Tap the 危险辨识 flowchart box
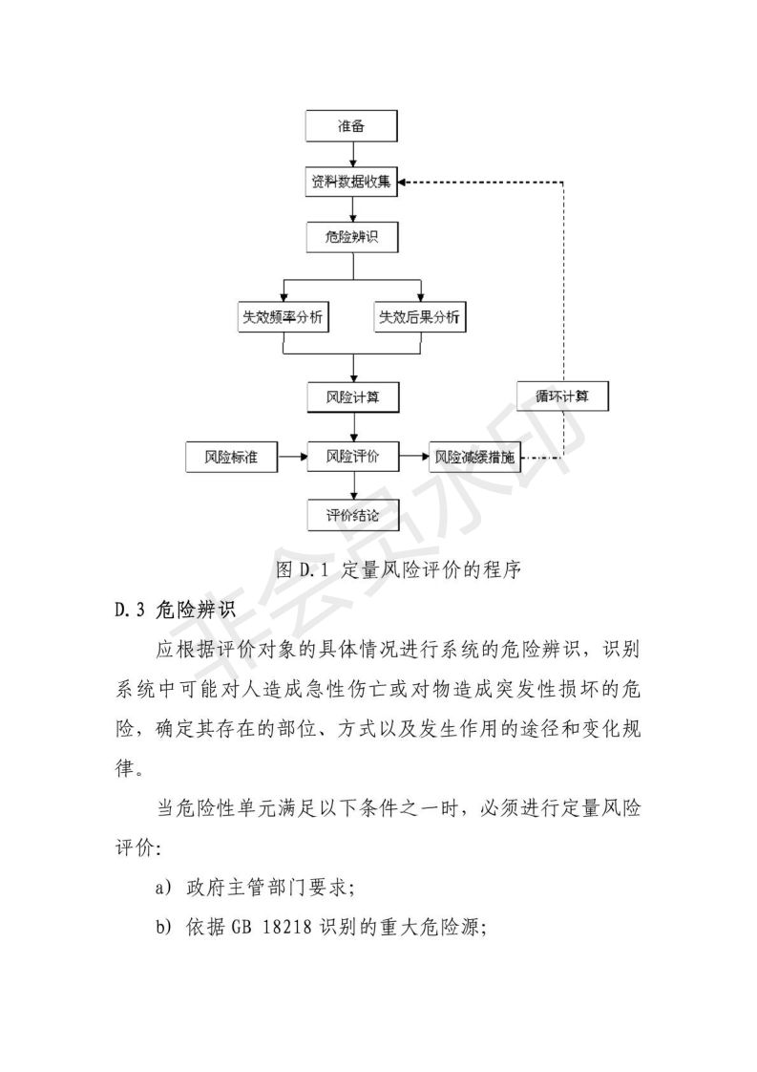tap(353, 236)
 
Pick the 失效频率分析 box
tap(284, 318)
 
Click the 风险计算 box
tap(353, 397)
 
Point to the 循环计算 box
tap(562, 396)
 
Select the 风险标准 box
tap(231, 458)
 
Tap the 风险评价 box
tap(353, 458)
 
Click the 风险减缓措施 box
tap(474, 458)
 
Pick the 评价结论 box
tap(353, 515)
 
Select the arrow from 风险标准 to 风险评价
tap(291, 458)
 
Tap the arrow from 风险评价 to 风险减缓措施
tap(413, 458)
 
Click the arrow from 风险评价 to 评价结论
tap(353, 486)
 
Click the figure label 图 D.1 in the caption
tap(301, 570)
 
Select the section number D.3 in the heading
tap(129, 608)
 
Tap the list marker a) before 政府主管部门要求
tap(163, 888)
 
